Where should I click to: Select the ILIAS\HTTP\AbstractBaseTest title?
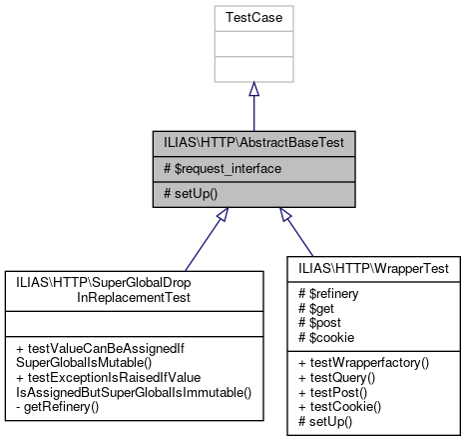(x=252, y=142)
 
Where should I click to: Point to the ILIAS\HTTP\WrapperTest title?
(x=374, y=268)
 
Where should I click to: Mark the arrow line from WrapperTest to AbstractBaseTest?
(x=299, y=234)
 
